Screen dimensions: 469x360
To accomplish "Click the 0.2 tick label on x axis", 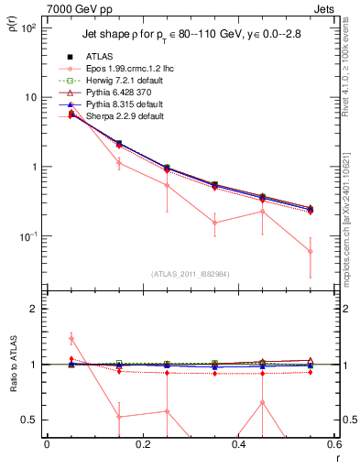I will [x=142, y=446].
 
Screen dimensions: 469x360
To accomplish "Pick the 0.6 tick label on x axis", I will [x=332, y=446].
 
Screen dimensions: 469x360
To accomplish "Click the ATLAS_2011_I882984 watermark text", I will [x=191, y=274].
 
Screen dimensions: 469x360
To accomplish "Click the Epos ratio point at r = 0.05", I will [x=71, y=339].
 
